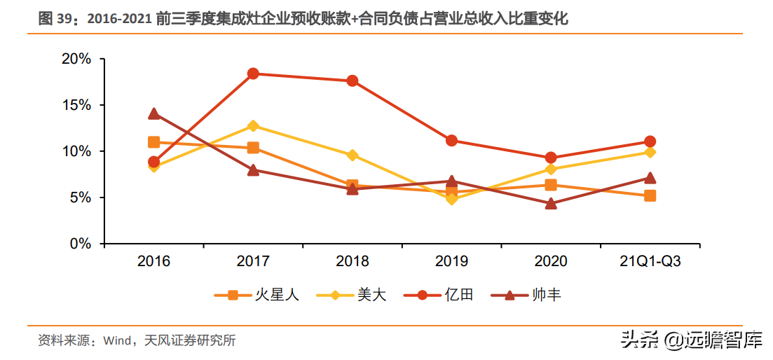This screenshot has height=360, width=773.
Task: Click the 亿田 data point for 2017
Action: click(x=253, y=74)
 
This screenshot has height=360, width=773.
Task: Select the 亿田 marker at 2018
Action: click(x=353, y=81)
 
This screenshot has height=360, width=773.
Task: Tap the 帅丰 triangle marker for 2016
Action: click(x=154, y=113)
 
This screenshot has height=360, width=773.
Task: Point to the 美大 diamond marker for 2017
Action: click(x=253, y=126)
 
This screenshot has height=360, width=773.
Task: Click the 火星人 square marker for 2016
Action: click(x=154, y=142)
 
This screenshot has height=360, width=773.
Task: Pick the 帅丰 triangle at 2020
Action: click(x=551, y=204)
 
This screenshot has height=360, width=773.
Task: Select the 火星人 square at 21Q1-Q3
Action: click(x=650, y=195)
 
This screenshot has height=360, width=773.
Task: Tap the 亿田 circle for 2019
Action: click(x=452, y=141)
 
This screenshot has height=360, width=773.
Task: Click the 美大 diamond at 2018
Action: click(x=353, y=155)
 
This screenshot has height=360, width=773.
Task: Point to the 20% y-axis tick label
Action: click(x=76, y=59)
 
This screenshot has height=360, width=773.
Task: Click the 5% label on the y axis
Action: click(x=81, y=198)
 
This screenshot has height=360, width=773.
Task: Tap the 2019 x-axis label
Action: click(x=452, y=261)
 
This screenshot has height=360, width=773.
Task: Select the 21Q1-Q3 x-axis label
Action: click(x=650, y=261)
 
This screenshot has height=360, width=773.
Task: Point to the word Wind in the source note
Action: click(x=117, y=341)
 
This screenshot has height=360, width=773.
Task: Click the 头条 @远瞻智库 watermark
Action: click(x=691, y=341)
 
